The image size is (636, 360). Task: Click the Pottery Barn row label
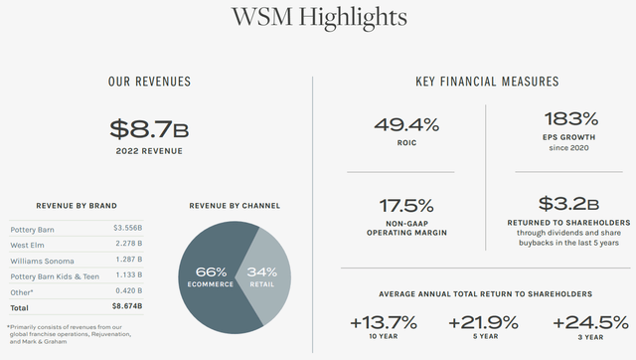tap(33, 229)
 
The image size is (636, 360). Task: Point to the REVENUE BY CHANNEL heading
tap(234, 206)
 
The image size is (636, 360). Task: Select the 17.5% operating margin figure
tap(406, 207)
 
